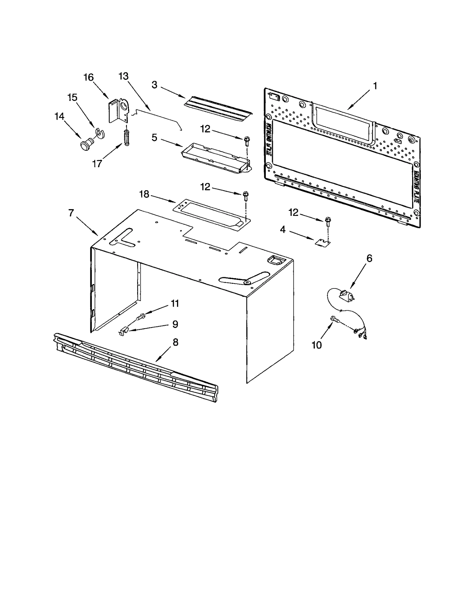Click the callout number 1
375,86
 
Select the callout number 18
144,194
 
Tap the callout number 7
71,213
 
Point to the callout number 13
123,76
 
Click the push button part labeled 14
86,145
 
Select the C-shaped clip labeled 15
100,134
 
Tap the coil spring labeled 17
127,137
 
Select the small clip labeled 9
124,331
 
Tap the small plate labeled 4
322,243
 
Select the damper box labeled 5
215,160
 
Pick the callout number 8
175,342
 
